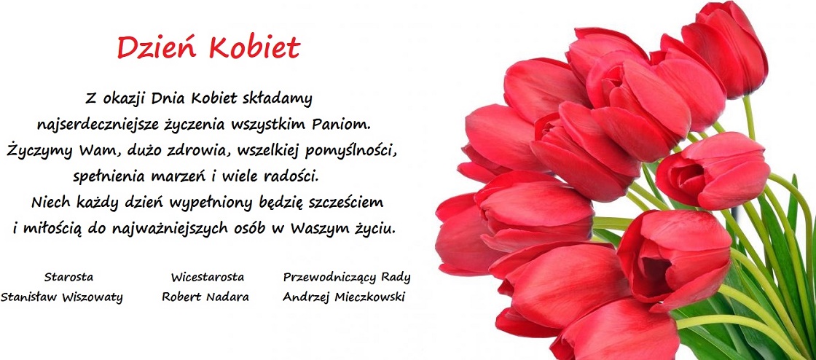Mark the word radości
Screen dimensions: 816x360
[x=290, y=176]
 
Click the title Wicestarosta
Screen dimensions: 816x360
[x=207, y=277]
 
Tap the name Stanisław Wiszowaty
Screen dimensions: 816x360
[x=61, y=297]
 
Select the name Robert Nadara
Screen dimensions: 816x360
[x=205, y=297]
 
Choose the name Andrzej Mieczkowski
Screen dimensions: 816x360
[x=343, y=297]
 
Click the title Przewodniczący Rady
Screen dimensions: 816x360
[x=347, y=277]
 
